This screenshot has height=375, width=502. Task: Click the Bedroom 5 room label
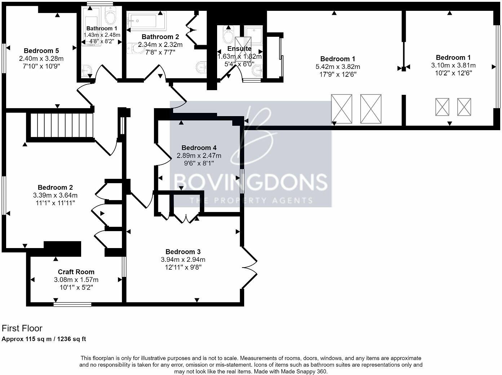[41, 51]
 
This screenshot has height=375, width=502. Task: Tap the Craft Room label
[76, 272]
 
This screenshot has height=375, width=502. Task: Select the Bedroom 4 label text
[199, 148]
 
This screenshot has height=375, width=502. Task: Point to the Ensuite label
[239, 49]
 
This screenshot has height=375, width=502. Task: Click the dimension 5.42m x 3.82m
[340, 67]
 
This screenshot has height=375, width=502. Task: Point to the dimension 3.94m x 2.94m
[183, 260]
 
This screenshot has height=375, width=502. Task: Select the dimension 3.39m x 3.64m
[55, 195]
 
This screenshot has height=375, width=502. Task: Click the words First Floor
[22, 328]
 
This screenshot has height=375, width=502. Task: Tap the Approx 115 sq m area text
[44, 339]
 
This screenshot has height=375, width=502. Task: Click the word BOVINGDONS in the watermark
[251, 182]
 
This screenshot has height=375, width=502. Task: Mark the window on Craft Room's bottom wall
[72, 304]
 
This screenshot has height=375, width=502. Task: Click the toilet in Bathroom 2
[135, 49]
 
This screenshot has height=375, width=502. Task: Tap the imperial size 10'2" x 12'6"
[453, 73]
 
